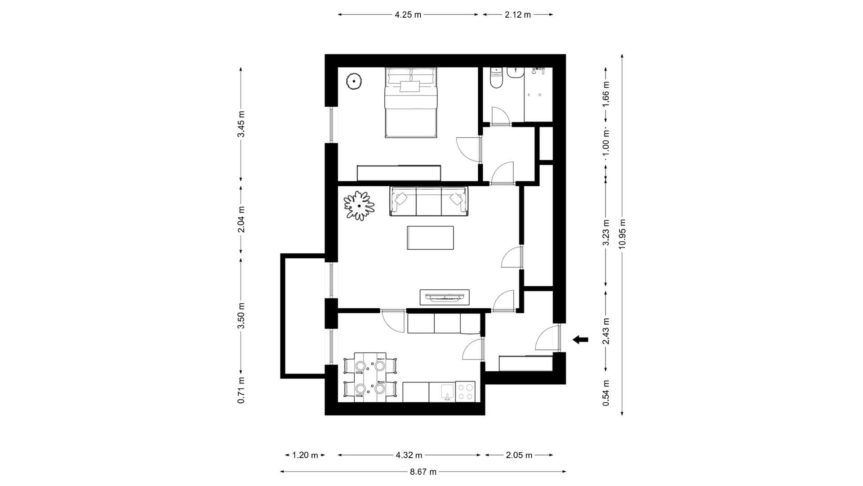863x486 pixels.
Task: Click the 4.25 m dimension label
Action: point(408,15)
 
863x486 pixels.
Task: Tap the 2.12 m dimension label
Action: point(518,15)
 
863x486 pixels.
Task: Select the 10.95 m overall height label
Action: point(622,234)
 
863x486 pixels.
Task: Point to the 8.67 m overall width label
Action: point(423,472)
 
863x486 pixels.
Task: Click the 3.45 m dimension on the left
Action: point(241,124)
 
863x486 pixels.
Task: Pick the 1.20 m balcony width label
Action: point(305,455)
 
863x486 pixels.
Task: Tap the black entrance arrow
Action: point(580,340)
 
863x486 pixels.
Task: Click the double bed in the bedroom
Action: point(411,102)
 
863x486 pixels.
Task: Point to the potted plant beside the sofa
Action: point(359,206)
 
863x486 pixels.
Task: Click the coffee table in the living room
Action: point(430,238)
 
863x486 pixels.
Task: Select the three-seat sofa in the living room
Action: point(429,201)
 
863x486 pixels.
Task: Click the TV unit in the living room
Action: point(445,297)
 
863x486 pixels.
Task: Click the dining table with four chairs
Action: point(370,377)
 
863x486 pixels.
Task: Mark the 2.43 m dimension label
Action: point(606,331)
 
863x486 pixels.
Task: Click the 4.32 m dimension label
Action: point(409,455)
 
